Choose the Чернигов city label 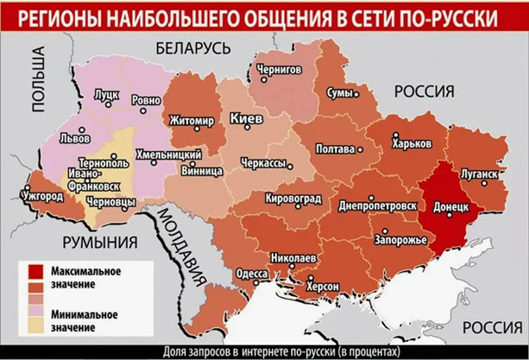pos(279,67)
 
